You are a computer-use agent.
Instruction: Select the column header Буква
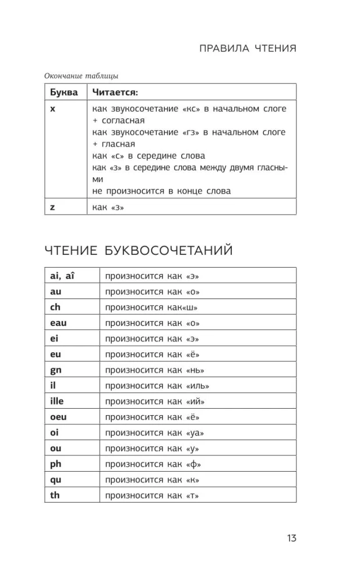(x=63, y=93)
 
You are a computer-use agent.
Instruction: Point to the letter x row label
(x=52, y=109)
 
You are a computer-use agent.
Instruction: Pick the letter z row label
(x=52, y=206)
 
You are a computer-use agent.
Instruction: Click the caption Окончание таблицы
(x=82, y=75)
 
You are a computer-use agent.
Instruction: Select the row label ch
(x=55, y=307)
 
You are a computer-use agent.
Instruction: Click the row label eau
(x=59, y=322)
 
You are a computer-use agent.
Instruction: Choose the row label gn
(x=56, y=370)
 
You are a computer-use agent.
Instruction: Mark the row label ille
(x=57, y=401)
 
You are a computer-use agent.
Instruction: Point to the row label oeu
(x=59, y=417)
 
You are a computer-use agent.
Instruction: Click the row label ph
(x=56, y=465)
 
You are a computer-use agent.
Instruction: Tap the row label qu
(x=56, y=480)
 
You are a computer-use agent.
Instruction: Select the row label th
(x=55, y=496)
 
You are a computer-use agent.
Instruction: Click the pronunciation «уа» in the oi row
(x=196, y=433)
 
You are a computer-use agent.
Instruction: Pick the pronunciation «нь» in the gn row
(x=196, y=370)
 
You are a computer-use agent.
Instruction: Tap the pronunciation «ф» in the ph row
(x=194, y=465)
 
